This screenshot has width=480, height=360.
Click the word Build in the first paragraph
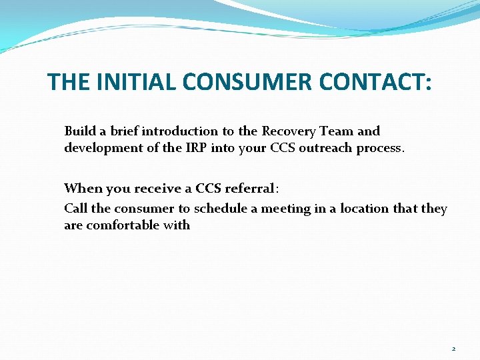tap(79, 131)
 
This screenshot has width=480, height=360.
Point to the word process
tap(380, 148)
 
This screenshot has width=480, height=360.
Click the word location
tap(365, 209)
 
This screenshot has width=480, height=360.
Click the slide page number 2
tap(453, 349)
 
